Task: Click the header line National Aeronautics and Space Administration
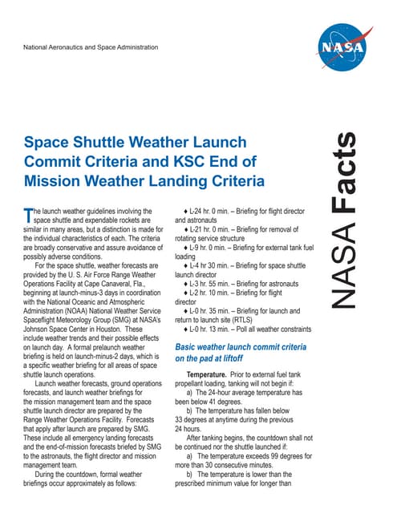pos(93,47)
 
